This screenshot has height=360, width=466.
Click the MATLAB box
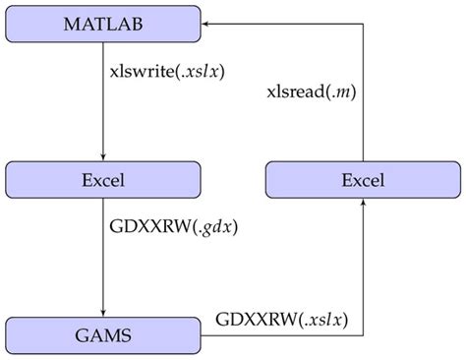click(103, 23)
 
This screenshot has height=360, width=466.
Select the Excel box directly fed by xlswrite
click(103, 180)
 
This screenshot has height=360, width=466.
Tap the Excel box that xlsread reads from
click(363, 180)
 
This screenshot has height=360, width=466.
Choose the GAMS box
click(103, 335)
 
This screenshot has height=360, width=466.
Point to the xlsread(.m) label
click(313, 91)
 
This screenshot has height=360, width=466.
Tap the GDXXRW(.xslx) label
click(284, 321)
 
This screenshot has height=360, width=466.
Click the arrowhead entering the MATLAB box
click(209, 23)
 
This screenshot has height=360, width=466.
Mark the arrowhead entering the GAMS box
click(103, 311)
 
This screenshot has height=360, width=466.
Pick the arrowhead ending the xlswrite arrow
click(103, 155)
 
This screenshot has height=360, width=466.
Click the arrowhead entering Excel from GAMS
click(363, 204)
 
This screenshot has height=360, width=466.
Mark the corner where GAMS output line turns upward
click(363, 335)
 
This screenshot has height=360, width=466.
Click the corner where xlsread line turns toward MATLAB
click(363, 23)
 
